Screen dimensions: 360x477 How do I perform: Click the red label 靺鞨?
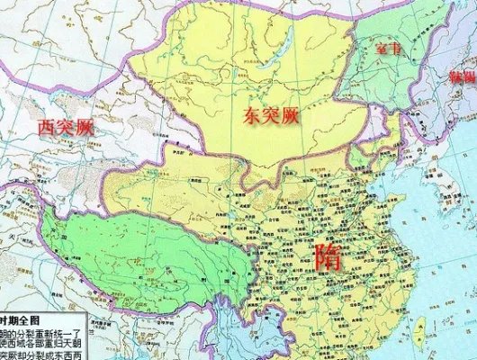[x=456, y=77]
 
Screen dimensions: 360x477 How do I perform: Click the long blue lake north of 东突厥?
[x=286, y=42]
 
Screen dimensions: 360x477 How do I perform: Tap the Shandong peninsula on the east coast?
[x=396, y=212]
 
